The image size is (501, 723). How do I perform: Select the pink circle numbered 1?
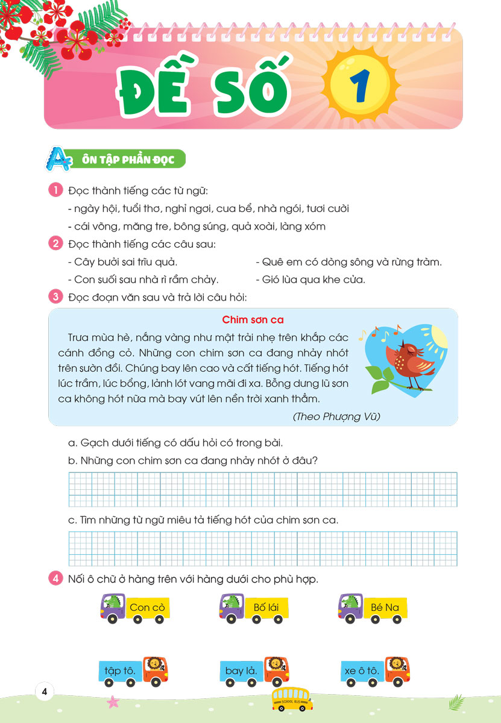tap(55, 191)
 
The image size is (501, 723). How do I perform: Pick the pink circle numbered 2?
tap(55, 245)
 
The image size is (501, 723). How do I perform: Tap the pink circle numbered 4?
tap(55, 579)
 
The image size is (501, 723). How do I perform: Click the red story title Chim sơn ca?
tap(253, 319)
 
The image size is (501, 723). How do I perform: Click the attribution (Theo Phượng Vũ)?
tap(336, 416)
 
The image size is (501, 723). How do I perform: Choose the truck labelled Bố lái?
tap(254, 609)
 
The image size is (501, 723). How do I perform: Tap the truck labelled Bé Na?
tap(373, 609)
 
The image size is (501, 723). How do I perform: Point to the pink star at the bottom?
tap(112, 701)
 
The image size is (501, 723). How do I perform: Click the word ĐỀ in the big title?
tap(150, 87)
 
